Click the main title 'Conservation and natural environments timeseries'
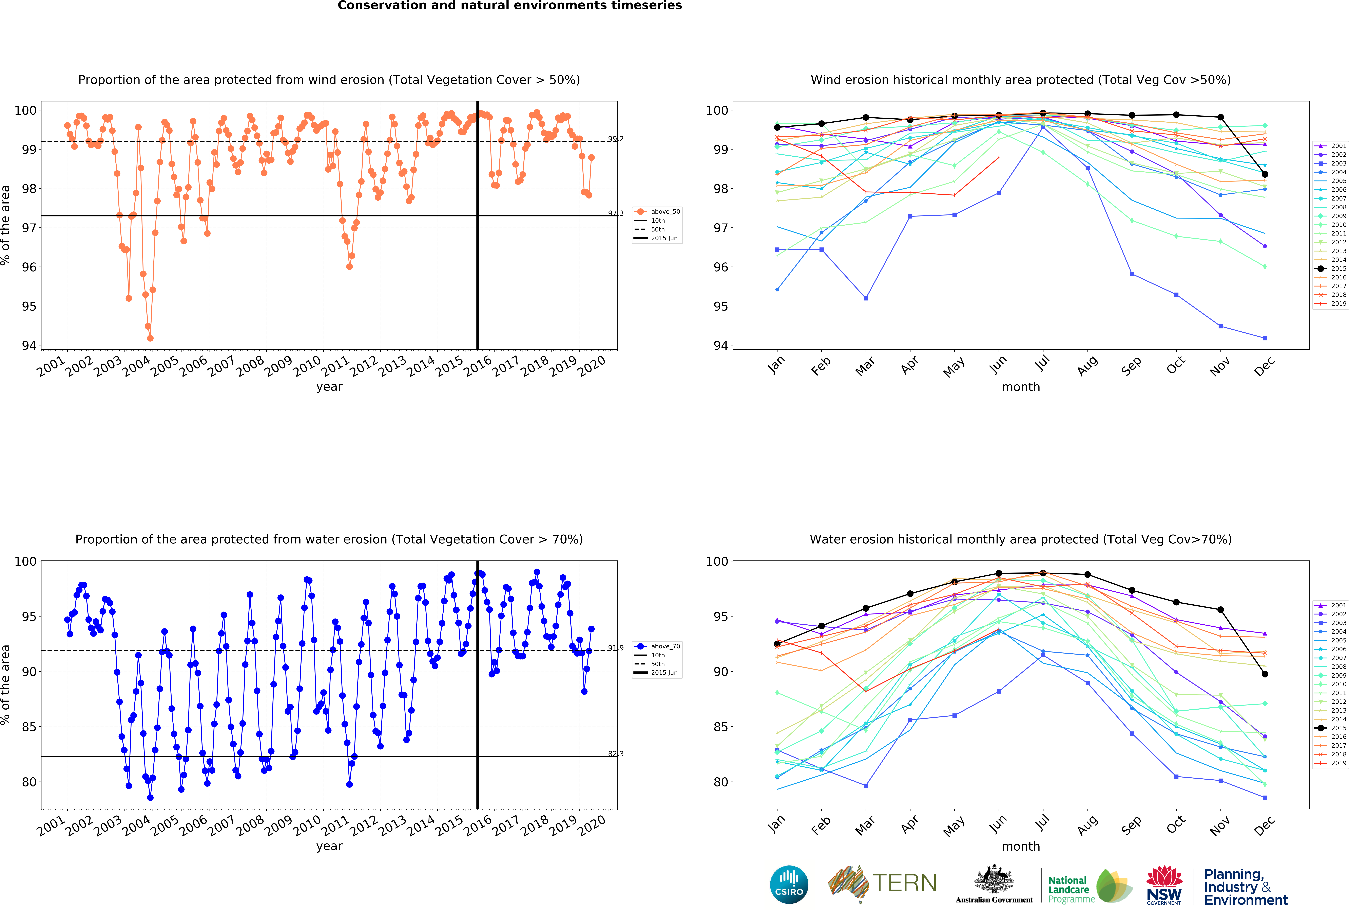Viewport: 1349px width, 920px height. pos(510,6)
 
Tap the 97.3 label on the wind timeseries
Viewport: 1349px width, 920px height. pos(615,213)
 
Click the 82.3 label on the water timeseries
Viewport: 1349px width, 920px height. pos(615,754)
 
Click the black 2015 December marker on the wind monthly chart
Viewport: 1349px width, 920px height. pos(1265,174)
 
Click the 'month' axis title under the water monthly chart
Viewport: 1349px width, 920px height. pos(1020,846)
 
